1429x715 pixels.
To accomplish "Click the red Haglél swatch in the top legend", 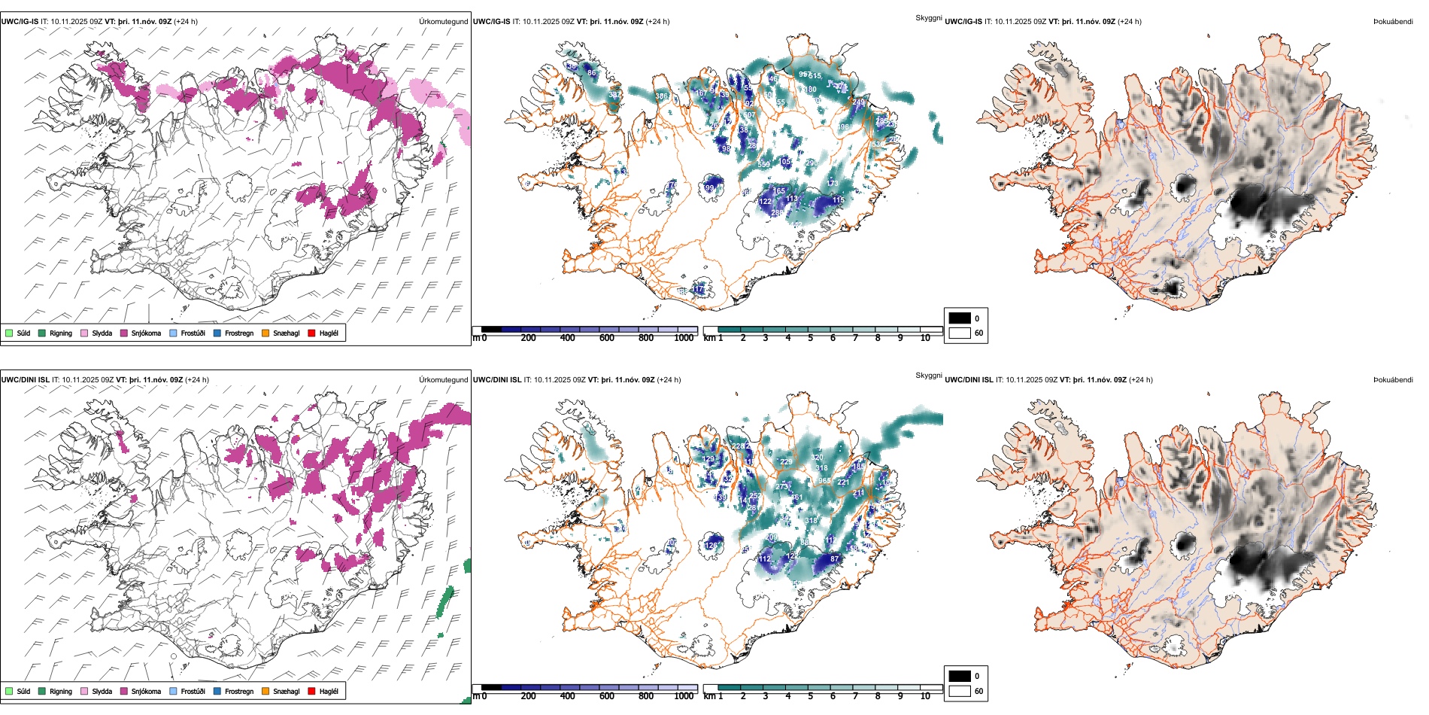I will coord(312,333).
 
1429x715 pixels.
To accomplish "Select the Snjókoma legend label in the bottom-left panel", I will coord(146,691).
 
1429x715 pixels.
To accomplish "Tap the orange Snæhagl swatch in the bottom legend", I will coord(265,691).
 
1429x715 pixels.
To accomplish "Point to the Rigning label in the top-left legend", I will coord(61,333).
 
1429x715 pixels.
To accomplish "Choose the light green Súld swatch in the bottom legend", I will coord(9,691).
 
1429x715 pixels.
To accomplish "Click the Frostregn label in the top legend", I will coord(239,333).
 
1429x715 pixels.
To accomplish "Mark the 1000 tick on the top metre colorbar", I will coord(684,338).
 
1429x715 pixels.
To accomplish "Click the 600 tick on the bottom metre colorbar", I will coord(606,696).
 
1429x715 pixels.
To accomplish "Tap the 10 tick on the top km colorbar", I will coord(925,338).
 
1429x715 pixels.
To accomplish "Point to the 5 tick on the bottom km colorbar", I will coord(810,696).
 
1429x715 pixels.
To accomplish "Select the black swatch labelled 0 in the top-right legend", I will coord(960,318).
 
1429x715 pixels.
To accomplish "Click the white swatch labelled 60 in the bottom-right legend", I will coord(960,691).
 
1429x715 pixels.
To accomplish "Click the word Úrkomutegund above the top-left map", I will coord(443,22).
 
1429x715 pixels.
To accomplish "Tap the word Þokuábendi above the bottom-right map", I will coord(1393,380).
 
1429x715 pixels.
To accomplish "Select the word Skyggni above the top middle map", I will coord(928,17).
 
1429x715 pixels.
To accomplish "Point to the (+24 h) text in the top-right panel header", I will coord(1130,22).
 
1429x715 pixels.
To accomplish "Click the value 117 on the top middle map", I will coord(699,289).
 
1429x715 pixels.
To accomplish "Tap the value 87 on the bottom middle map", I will coord(834,559).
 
